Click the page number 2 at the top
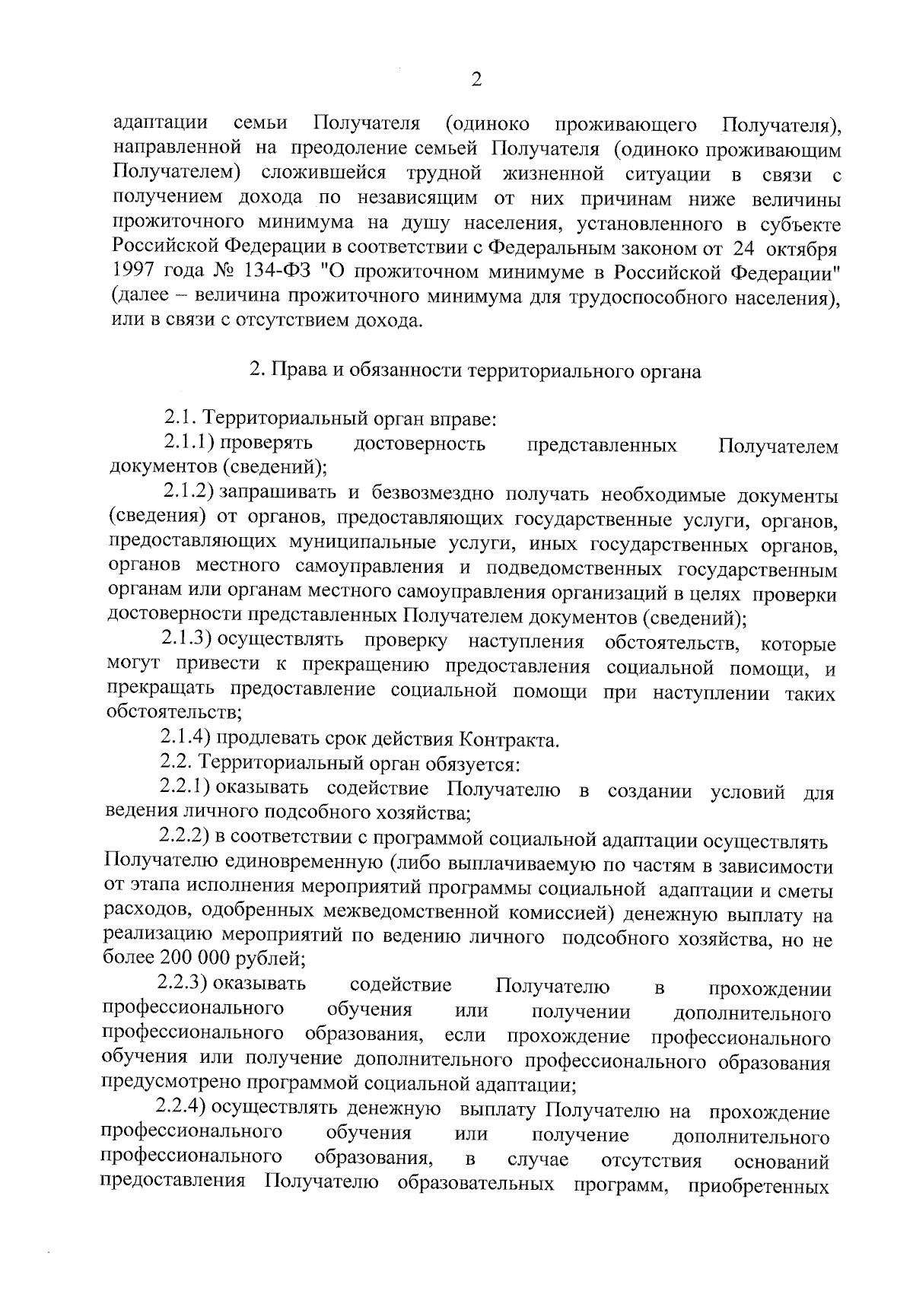pos(477,80)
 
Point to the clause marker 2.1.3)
pos(186,641)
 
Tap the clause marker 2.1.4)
pos(186,738)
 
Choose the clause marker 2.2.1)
pos(185,788)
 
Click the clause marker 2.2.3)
pos(183,984)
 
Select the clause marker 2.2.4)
pos(183,1109)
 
